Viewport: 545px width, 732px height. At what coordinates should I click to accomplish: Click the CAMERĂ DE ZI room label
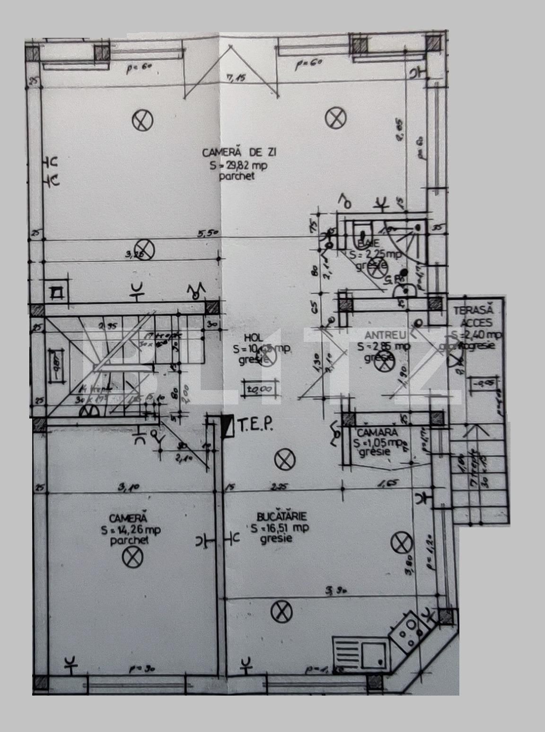(x=239, y=153)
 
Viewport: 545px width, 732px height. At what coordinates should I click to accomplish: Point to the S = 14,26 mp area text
(x=130, y=530)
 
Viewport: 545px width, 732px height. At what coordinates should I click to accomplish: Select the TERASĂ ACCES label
(x=474, y=317)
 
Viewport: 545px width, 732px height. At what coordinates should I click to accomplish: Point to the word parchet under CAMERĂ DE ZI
(x=237, y=176)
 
